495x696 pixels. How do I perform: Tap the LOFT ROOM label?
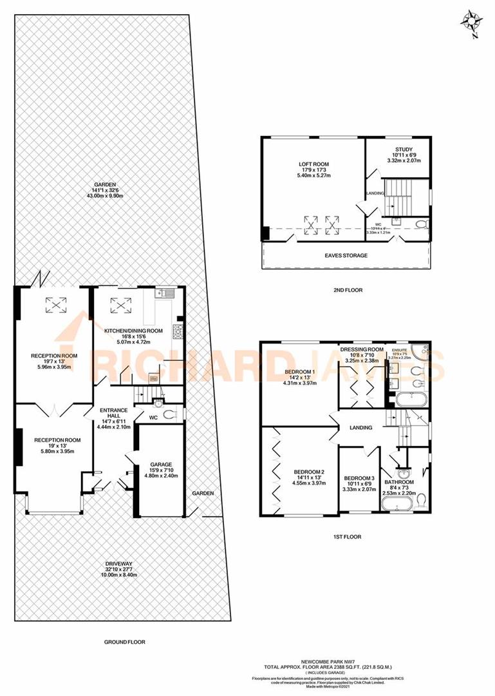313,165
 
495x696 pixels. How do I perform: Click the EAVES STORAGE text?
346,256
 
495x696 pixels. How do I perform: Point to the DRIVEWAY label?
122,565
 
